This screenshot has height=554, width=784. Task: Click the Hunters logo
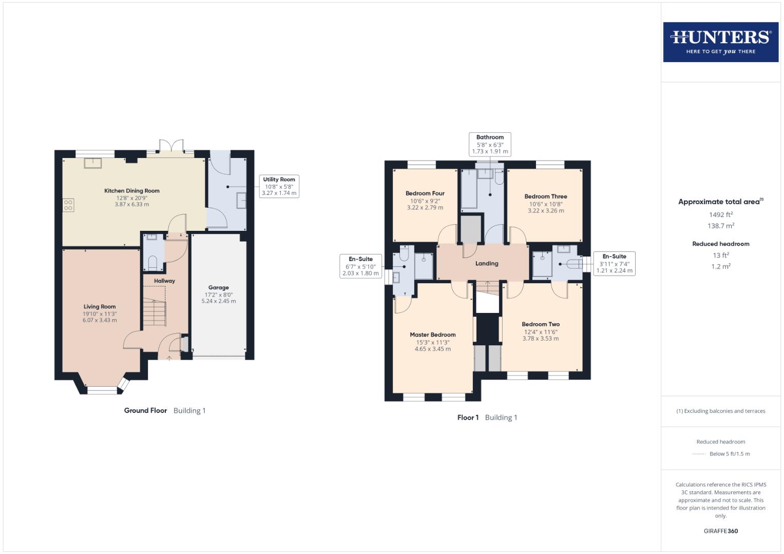point(720,42)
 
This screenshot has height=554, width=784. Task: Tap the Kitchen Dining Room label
point(132,191)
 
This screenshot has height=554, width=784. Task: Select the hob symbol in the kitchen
point(68,205)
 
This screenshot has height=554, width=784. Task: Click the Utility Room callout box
point(279,186)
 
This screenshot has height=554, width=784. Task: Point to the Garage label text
point(218,288)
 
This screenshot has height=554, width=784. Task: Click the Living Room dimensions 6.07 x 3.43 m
point(100,320)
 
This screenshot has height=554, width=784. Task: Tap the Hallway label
point(164,281)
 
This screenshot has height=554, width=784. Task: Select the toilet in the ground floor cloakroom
point(152,263)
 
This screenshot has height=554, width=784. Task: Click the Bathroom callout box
point(490,144)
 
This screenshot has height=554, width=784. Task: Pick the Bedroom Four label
point(425,193)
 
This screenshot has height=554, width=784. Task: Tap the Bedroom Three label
point(545,196)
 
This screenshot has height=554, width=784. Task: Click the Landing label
point(486,264)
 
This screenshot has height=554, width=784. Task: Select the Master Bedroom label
point(432,334)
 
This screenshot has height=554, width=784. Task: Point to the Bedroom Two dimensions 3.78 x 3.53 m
point(540,339)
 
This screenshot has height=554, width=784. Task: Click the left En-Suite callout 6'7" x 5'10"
point(360,266)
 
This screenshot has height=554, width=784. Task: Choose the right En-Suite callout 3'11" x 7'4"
point(614,264)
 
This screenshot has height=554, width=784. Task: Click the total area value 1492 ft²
point(720,215)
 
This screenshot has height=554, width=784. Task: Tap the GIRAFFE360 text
point(720,531)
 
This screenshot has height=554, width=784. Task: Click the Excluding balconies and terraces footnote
point(720,411)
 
